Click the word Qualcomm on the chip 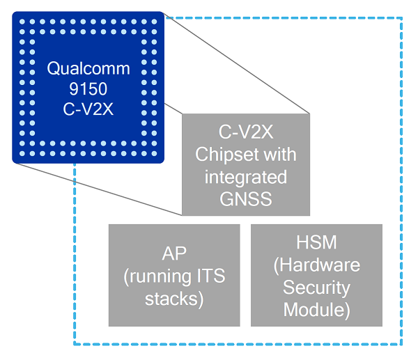click(x=88, y=68)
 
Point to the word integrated click(x=245, y=177)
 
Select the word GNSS click(x=245, y=200)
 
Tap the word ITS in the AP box click(x=209, y=276)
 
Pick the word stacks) click(x=174, y=299)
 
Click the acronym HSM click(x=316, y=242)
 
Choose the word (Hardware click(x=316, y=265)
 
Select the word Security click(x=316, y=288)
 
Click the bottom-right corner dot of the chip click(x=153, y=152)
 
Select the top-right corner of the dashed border click(x=402, y=19)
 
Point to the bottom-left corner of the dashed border click(x=75, y=344)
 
